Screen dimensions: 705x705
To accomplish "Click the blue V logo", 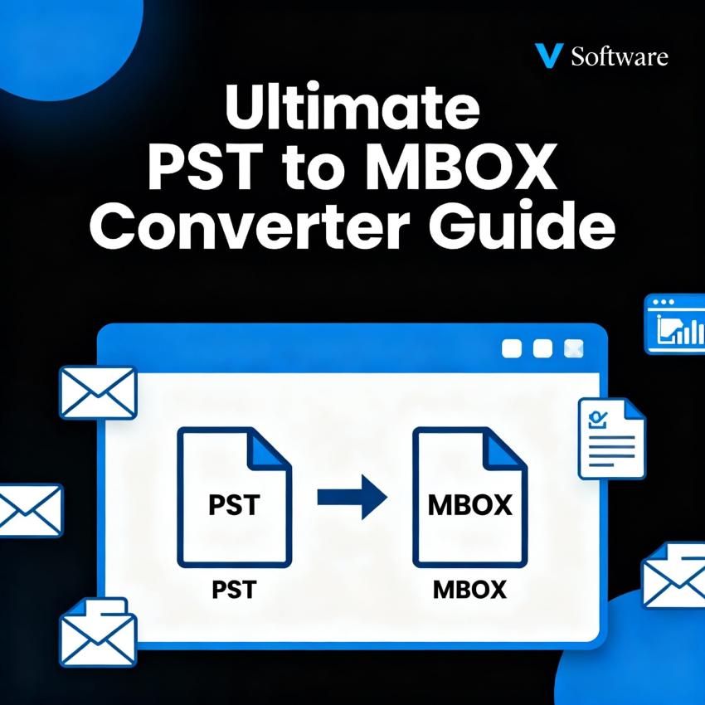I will point(550,56).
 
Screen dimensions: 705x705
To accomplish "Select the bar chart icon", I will point(674,326).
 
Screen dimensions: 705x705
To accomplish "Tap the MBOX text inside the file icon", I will point(469,505).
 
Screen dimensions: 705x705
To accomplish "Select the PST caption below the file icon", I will point(234,591).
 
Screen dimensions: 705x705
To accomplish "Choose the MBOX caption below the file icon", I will point(469,591).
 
